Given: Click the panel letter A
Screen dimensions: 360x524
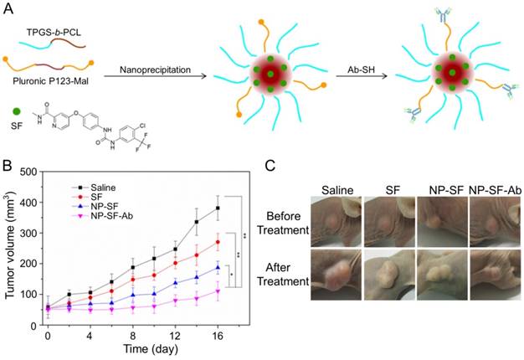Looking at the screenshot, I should point(8,8).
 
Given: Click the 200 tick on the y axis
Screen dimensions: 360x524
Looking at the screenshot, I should point(31,263).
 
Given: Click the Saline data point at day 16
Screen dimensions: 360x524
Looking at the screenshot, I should point(218,208).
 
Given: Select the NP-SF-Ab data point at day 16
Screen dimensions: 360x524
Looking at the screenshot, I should point(218,292).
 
